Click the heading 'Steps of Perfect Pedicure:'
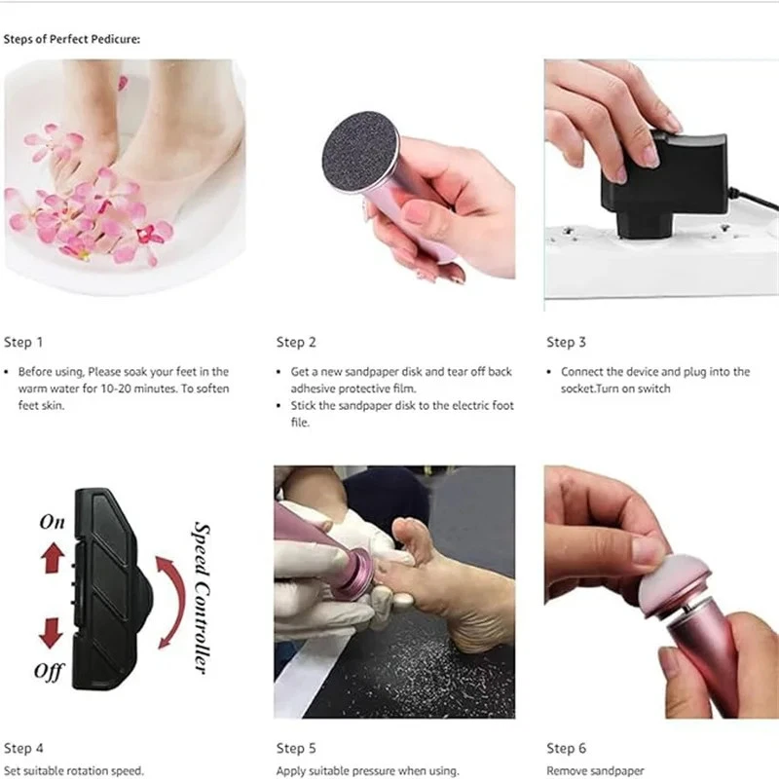pos(72,40)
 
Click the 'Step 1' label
pos(23,342)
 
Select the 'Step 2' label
pos(296,342)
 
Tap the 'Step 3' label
pos(566,342)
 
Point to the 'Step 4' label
pos(23,748)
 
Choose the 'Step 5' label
pos(296,748)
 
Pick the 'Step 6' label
pos(566,748)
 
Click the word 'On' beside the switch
pos(53,522)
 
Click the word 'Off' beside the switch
pos(49,671)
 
